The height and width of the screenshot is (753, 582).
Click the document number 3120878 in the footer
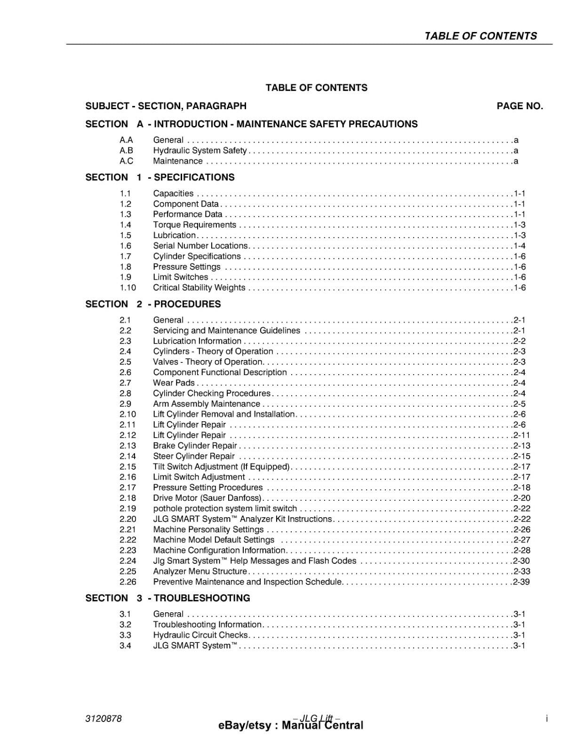click(x=104, y=719)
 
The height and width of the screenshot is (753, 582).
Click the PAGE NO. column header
click(x=519, y=106)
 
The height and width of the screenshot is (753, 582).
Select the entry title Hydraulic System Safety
click(x=199, y=151)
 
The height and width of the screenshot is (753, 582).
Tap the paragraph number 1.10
click(x=128, y=288)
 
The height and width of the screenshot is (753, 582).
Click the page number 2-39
click(x=521, y=582)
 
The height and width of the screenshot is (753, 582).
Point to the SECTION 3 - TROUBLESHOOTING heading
click(x=167, y=598)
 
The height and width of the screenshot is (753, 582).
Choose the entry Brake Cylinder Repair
click(x=195, y=446)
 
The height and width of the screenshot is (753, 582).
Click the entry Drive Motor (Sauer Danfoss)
click(x=207, y=498)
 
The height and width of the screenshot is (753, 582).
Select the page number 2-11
click(x=521, y=435)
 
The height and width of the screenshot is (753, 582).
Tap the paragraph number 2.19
click(x=128, y=508)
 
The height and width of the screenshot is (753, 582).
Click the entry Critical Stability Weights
click(x=199, y=288)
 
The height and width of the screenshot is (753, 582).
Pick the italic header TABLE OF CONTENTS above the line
click(x=480, y=36)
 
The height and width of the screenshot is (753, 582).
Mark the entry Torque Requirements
click(x=194, y=225)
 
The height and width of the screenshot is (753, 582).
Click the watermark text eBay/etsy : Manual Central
click(x=291, y=726)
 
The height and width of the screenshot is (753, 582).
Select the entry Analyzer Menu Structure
click(x=199, y=571)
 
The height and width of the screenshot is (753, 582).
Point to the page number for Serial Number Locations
click(x=519, y=246)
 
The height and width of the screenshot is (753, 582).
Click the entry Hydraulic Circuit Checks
click(x=200, y=635)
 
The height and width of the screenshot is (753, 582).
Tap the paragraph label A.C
click(x=126, y=161)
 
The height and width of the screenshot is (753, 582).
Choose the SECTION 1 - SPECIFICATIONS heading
click(x=160, y=177)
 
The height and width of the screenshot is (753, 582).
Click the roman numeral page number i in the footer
click(x=547, y=719)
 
